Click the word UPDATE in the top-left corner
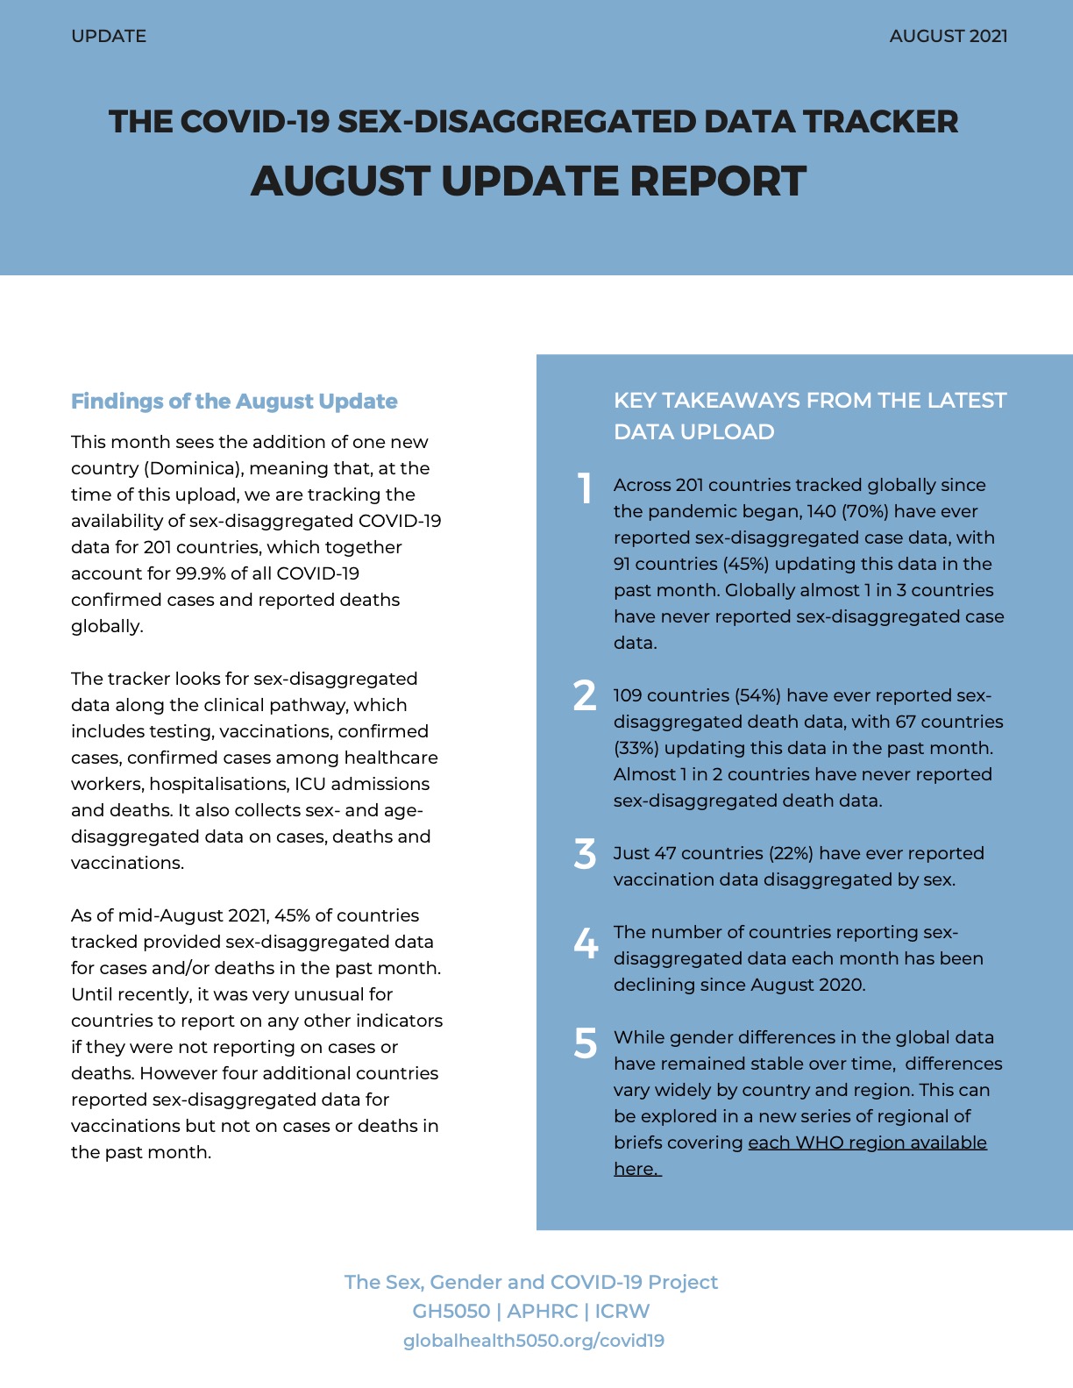coord(109,36)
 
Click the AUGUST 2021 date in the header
coord(948,36)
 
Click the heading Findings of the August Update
coord(234,402)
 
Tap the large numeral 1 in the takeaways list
coord(585,488)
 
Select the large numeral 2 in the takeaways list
coord(585,696)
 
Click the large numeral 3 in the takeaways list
coord(585,854)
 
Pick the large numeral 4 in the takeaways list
coord(585,943)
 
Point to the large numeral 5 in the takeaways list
coord(585,1043)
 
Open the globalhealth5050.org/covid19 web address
coord(533,1341)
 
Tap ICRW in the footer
coord(622,1311)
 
